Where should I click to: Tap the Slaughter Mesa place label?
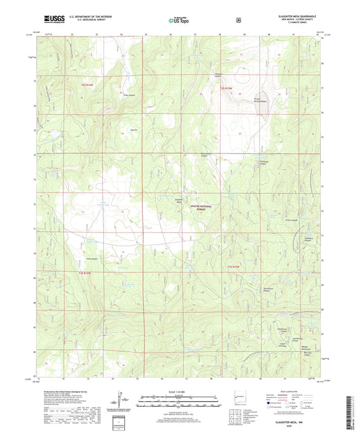(x=179, y=201)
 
